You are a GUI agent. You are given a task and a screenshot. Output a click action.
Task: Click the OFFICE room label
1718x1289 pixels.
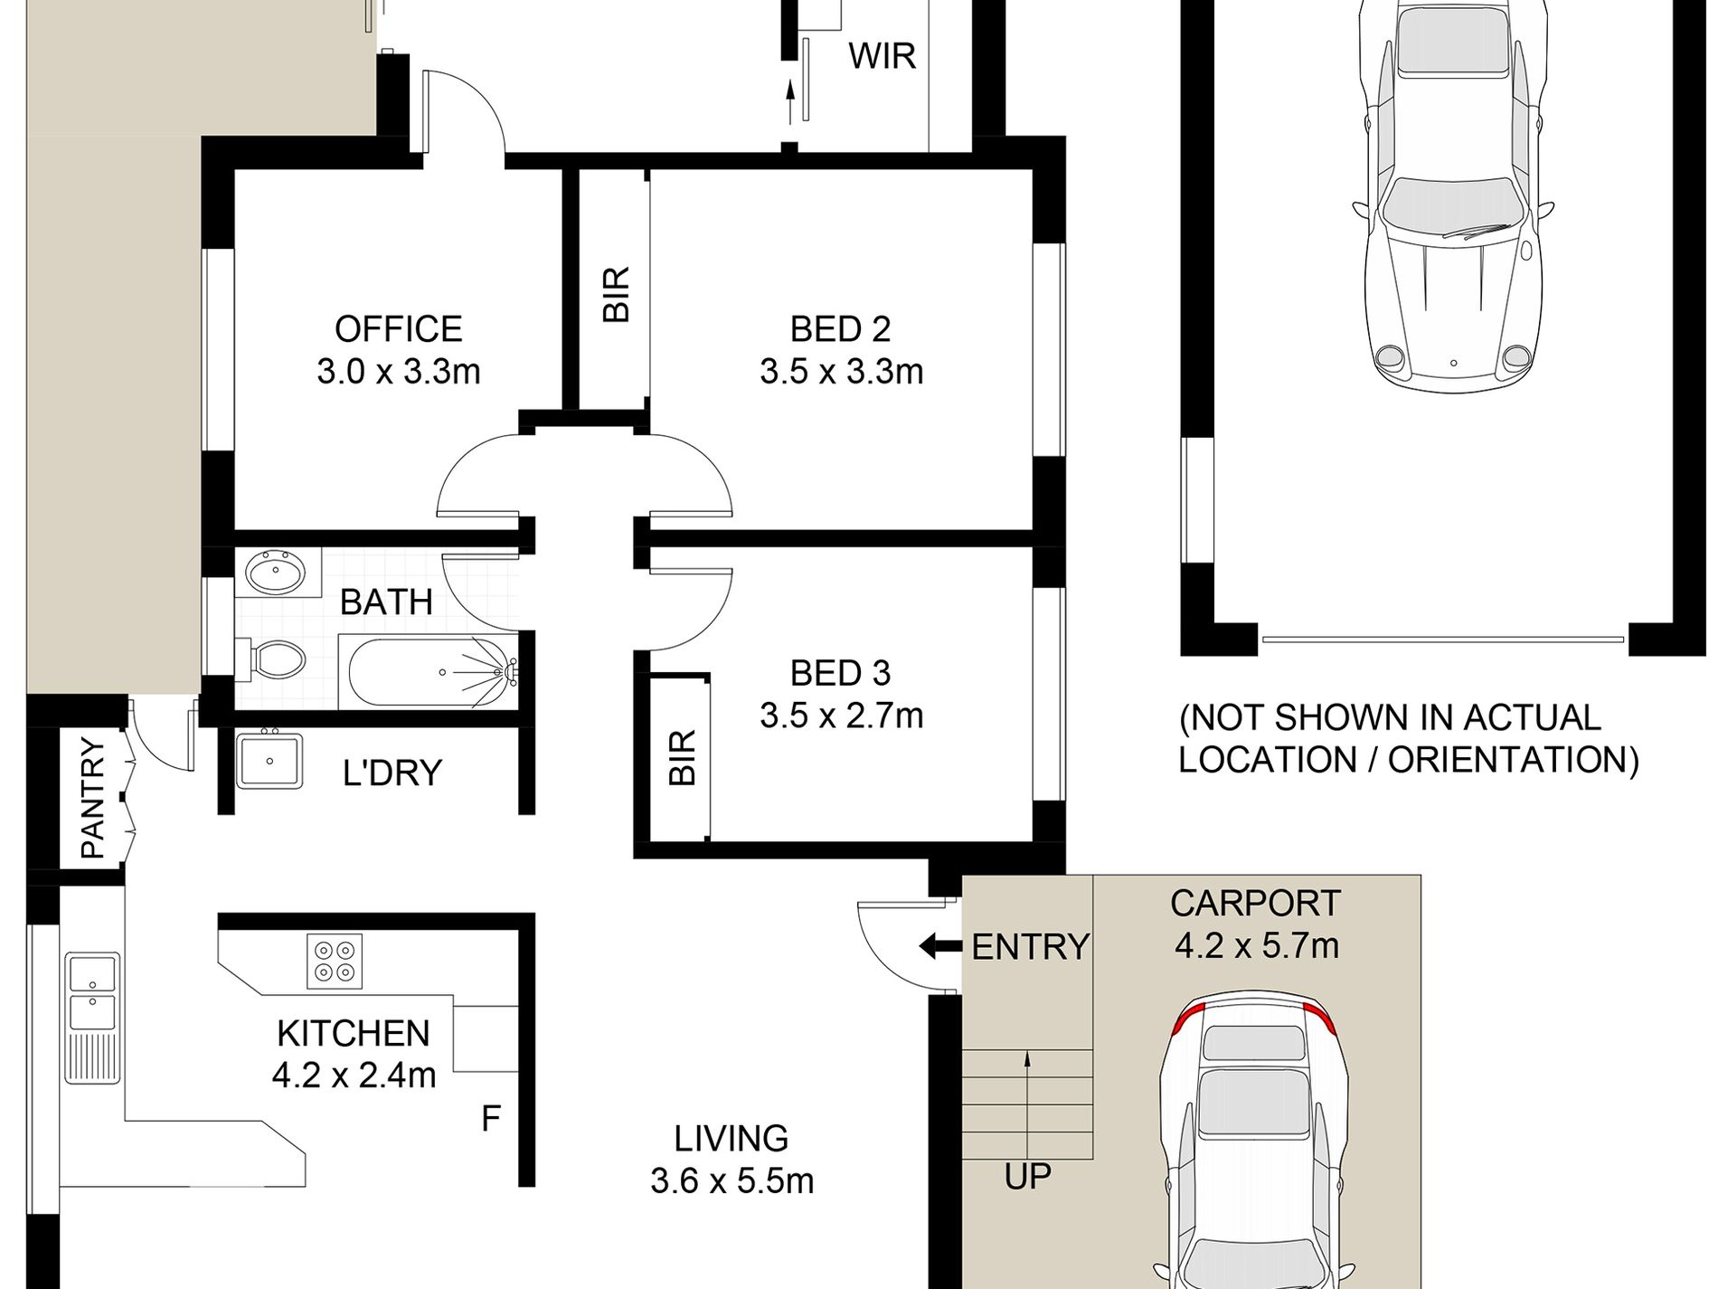pos(398,328)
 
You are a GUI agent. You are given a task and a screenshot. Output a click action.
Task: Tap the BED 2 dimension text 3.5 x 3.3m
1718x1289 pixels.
pos(841,372)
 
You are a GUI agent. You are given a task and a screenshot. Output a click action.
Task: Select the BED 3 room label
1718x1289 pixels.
pos(840,673)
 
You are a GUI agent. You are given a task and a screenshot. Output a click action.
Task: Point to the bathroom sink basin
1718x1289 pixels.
pos(277,573)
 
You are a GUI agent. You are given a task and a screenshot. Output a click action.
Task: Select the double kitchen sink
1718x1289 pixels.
pos(91,1019)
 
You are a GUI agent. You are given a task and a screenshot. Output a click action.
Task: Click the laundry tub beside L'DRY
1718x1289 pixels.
pos(269,762)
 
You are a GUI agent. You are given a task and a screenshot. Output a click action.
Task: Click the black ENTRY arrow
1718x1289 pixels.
pos(940,947)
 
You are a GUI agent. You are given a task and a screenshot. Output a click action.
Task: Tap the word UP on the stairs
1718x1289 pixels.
pos(1027,1177)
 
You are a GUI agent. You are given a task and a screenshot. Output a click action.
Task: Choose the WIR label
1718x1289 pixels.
pos(882,56)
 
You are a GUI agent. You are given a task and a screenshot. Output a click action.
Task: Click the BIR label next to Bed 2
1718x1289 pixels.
pos(615,295)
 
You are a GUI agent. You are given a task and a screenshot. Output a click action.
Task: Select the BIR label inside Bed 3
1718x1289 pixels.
pos(683,757)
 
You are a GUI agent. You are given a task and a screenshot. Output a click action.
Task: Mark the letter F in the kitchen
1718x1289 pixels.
pos(490,1120)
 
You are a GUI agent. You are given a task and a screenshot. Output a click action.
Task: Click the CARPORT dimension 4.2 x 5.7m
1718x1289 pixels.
pos(1257,946)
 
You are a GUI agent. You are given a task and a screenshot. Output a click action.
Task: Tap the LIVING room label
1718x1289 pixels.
pos(732,1138)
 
